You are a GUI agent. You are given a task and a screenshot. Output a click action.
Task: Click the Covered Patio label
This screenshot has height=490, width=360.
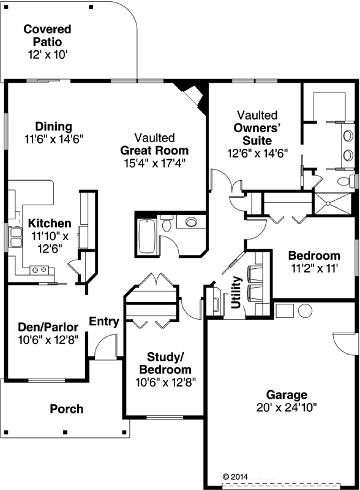coord(47,35)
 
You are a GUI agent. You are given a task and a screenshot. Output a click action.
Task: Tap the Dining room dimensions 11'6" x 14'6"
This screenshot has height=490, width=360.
coord(54,138)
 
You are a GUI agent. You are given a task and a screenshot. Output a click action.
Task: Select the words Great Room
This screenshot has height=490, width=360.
coord(154,150)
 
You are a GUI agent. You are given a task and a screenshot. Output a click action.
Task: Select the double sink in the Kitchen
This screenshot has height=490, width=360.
coord(14,236)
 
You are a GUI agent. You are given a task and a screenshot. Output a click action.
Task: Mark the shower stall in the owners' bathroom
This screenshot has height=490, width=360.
coord(333,203)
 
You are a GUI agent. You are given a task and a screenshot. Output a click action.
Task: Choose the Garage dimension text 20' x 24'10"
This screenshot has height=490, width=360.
coord(282,406)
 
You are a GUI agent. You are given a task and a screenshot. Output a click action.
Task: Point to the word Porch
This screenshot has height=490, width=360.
coord(66,409)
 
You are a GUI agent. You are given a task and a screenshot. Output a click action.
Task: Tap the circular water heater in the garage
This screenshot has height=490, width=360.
coord(305,311)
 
